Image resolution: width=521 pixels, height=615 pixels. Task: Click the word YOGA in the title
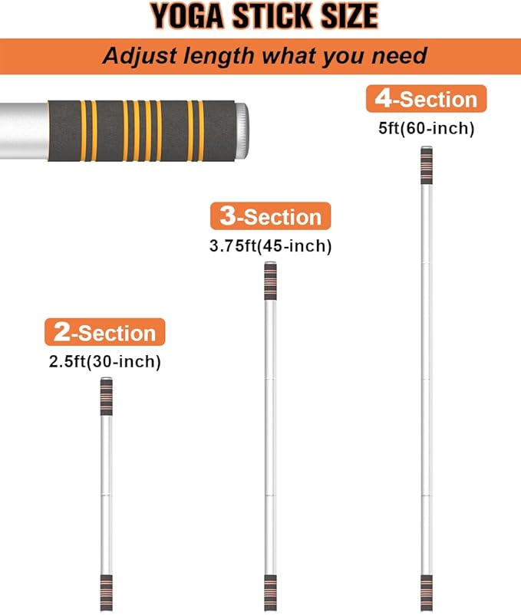pos(187,16)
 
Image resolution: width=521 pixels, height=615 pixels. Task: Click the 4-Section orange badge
pos(426,99)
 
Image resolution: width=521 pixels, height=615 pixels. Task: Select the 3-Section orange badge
pos(270,216)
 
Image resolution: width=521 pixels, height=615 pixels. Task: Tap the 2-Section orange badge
pos(105,332)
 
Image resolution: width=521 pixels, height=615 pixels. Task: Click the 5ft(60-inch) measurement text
pos(426,128)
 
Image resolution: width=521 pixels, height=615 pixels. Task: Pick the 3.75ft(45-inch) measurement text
pos(270,246)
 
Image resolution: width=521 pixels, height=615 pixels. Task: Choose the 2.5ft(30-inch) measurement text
pos(105,362)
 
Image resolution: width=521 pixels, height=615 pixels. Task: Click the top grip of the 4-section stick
pos(427,165)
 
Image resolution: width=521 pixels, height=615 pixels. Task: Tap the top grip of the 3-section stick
pos(270,281)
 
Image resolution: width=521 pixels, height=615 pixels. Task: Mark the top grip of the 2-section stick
pos(107,396)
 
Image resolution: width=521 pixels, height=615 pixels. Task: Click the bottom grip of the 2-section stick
pos(107,593)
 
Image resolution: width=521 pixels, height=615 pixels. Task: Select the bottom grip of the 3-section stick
pos(270,593)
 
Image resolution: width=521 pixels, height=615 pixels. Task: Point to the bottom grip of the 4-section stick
pos(427,593)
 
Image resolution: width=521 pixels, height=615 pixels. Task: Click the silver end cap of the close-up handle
pos(242,130)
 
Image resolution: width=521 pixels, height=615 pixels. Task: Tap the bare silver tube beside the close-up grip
pos(24,130)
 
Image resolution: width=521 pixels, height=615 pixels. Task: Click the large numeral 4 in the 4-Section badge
pos(383,98)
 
